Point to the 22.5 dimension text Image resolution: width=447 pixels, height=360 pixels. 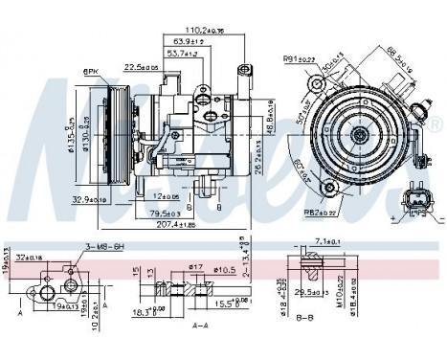[139, 67]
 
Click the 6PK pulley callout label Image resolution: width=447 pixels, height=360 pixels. [92, 70]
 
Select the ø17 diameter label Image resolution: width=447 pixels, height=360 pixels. [197, 267]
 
